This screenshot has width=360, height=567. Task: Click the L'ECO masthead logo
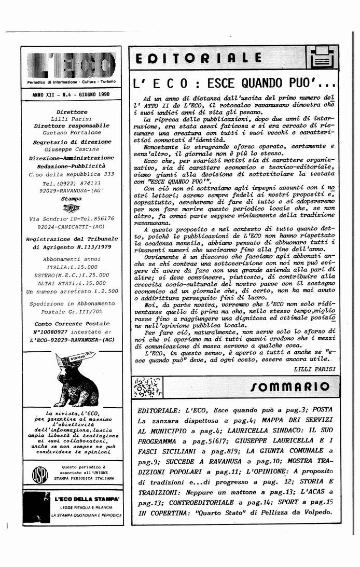[72, 66]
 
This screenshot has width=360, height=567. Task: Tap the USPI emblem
[39, 474]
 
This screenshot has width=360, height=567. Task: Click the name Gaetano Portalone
[72, 133]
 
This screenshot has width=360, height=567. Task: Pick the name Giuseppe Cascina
[72, 149]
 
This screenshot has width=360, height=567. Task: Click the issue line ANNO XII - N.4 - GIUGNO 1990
[71, 95]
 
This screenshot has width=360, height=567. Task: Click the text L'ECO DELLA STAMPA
[87, 499]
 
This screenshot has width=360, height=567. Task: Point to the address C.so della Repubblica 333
[72, 174]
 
